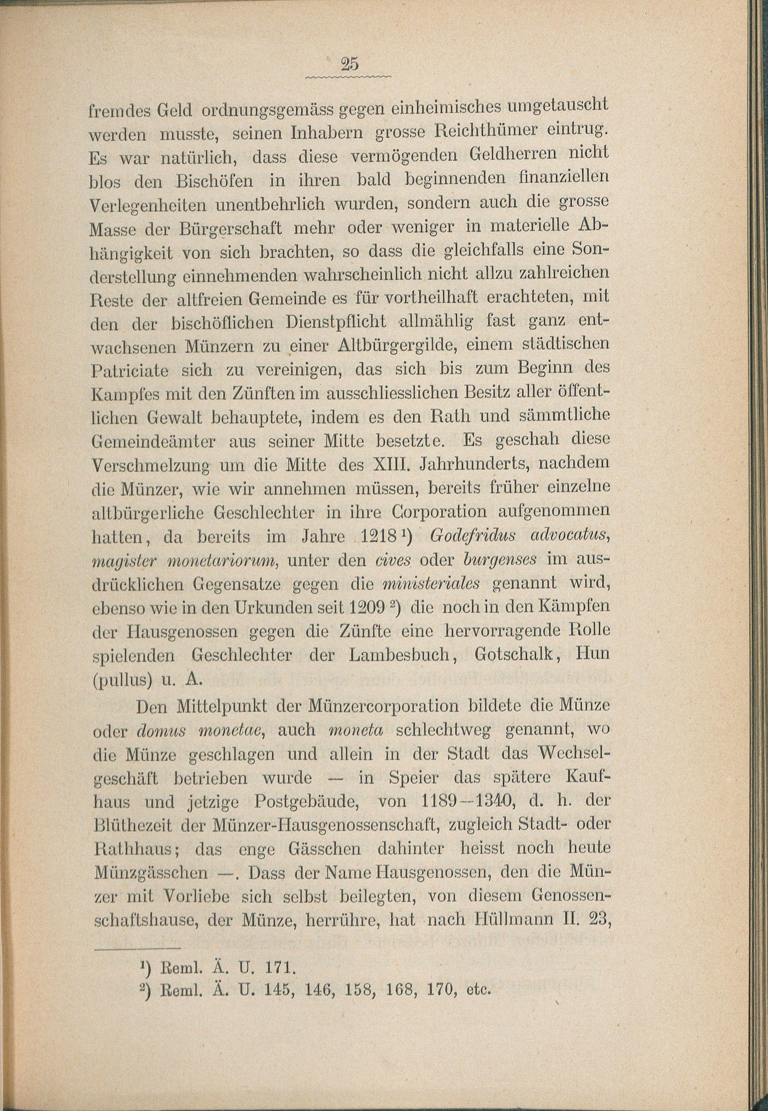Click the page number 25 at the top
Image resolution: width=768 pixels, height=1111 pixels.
(349, 64)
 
